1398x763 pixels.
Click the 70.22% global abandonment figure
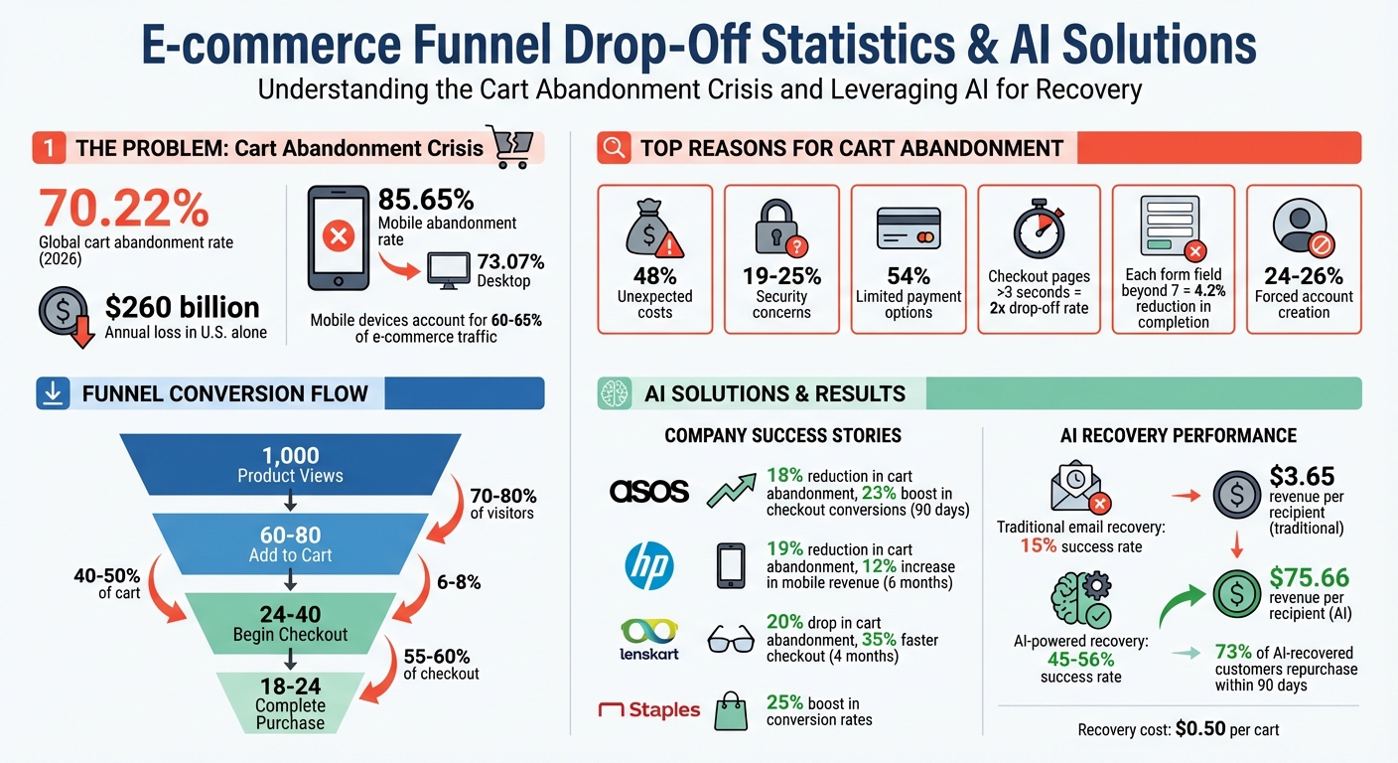pos(124,209)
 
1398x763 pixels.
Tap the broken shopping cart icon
pos(505,145)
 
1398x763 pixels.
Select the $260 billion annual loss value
pos(182,307)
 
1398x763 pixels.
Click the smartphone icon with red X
pos(337,237)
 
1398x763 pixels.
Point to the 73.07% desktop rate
pos(510,262)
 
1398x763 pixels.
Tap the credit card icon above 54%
pos(909,229)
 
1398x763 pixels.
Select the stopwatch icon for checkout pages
pos(1038,229)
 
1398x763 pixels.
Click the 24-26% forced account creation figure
pos(1303,275)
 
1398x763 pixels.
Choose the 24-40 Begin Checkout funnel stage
pos(290,623)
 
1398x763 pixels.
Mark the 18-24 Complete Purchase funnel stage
pos(290,701)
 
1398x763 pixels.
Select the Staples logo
pos(649,710)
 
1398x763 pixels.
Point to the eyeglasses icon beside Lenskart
pos(731,641)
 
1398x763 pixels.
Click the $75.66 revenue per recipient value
pos(1309,577)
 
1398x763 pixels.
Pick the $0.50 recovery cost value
pos(1199,729)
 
